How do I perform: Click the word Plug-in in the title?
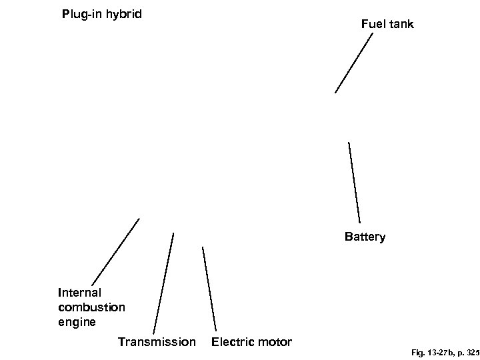coord(81,14)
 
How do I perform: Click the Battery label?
coord(365,237)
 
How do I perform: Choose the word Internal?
coord(79,292)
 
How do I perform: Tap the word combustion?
coord(91,307)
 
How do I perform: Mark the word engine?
coord(77,322)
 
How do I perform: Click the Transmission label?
coord(157,342)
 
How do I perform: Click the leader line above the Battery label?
coord(355,182)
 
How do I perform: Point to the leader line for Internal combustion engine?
coord(115,251)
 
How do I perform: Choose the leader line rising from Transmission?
coord(164,283)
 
